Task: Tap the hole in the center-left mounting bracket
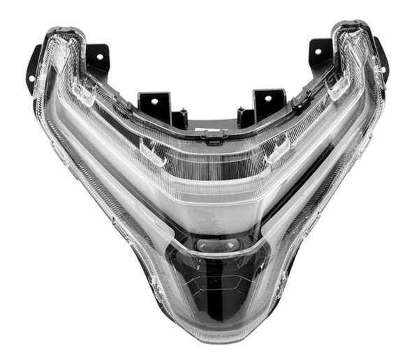[x=156, y=99]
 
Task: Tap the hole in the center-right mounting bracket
[x=263, y=98]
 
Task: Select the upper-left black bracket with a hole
[x=98, y=55]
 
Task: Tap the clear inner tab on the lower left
[x=152, y=151]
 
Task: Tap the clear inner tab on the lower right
[x=277, y=149]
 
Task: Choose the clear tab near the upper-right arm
[x=338, y=87]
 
